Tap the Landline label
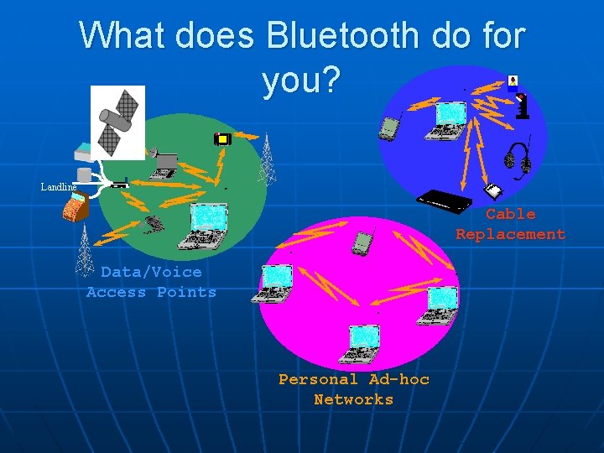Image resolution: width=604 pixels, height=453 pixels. click(58, 186)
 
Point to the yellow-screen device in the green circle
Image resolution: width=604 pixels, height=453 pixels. click(222, 139)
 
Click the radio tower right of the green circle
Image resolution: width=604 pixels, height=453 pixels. click(267, 159)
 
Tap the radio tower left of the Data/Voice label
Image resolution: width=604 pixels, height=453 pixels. click(85, 253)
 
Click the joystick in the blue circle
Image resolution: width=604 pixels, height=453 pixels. click(523, 106)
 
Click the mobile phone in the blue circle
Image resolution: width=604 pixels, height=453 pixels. click(388, 128)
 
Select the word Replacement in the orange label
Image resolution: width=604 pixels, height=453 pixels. click(510, 235)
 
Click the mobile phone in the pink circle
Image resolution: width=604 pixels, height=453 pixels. click(362, 242)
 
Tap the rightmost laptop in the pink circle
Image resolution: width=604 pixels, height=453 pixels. click(441, 306)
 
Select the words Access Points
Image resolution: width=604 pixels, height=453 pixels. click(151, 293)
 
